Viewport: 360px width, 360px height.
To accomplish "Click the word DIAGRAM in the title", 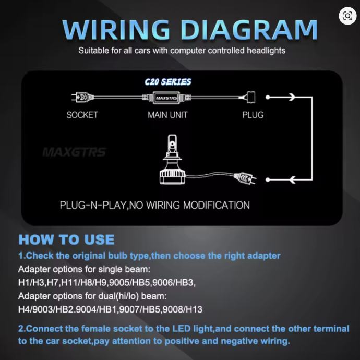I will pos(252,30).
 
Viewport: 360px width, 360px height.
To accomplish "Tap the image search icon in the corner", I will pos(347,16).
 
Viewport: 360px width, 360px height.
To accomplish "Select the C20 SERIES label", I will pos(167,82).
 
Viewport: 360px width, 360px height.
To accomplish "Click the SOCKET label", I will pos(82,115).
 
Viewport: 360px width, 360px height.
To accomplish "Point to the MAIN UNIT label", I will pos(167,115).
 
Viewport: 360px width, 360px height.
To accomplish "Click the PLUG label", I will pos(253,115).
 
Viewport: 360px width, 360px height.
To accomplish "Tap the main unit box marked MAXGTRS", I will pos(166,98).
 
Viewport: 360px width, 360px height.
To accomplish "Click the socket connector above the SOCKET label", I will pos(80,98).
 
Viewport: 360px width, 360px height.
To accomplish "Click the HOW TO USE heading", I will pos(66,240).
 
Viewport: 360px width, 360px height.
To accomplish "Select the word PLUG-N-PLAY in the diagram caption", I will pos(93,205).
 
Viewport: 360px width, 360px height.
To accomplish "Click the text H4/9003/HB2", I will pos(43,309).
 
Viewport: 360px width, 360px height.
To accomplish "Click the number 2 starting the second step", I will pos(21,329).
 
